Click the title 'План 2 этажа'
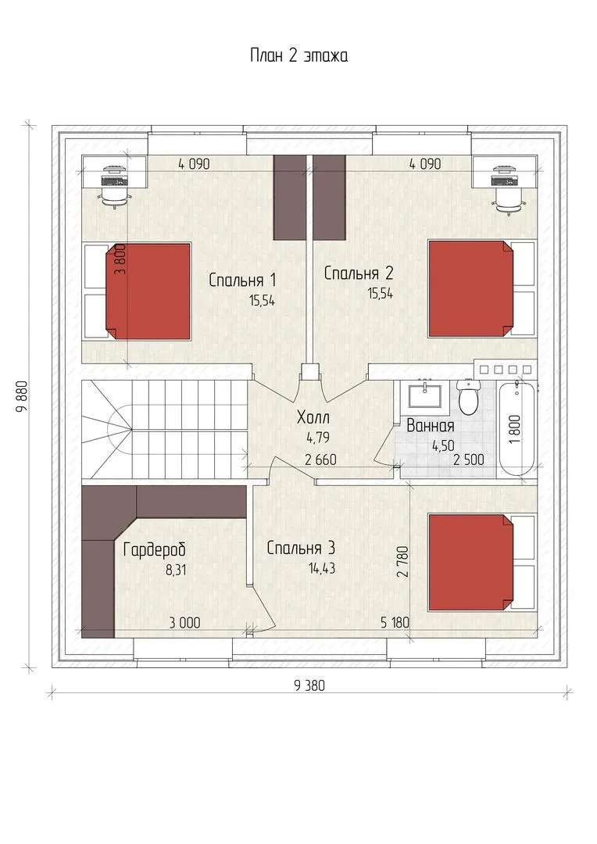[x=298, y=55]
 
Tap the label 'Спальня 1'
[x=242, y=280]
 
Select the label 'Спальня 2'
[x=359, y=274]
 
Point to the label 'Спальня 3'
[x=301, y=548]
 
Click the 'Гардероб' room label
[x=155, y=549]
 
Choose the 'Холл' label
[x=313, y=417]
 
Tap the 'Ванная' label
[x=430, y=426]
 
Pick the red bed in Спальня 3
[x=470, y=562]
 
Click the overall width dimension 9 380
[x=309, y=685]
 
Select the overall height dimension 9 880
[x=22, y=396]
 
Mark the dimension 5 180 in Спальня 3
[x=395, y=623]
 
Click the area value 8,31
[x=176, y=570]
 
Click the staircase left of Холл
[x=164, y=429]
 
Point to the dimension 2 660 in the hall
[x=320, y=460]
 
